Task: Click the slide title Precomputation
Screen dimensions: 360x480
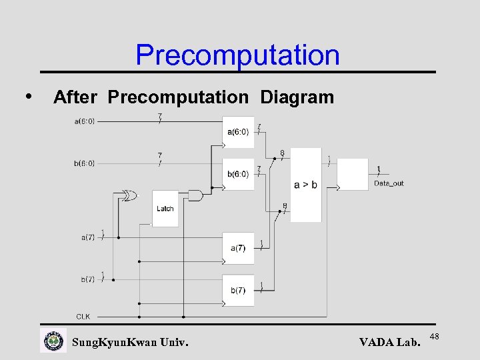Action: (237, 55)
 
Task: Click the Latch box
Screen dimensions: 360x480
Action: (165, 208)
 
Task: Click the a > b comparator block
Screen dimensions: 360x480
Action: (306, 185)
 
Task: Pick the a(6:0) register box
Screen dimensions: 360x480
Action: (238, 132)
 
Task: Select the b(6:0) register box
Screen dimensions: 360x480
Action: (238, 174)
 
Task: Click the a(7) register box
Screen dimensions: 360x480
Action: (238, 248)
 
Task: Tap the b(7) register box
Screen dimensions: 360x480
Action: (238, 290)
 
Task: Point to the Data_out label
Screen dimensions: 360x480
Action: (388, 183)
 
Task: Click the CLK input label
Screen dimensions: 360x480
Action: (83, 317)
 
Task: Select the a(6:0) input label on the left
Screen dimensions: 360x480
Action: (84, 121)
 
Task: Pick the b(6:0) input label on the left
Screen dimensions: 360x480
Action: (84, 163)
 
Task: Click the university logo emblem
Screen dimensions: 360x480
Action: (54, 341)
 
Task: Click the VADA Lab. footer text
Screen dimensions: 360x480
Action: (390, 343)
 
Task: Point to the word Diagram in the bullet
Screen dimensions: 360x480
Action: (297, 97)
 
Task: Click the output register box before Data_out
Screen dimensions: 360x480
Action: (353, 175)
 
